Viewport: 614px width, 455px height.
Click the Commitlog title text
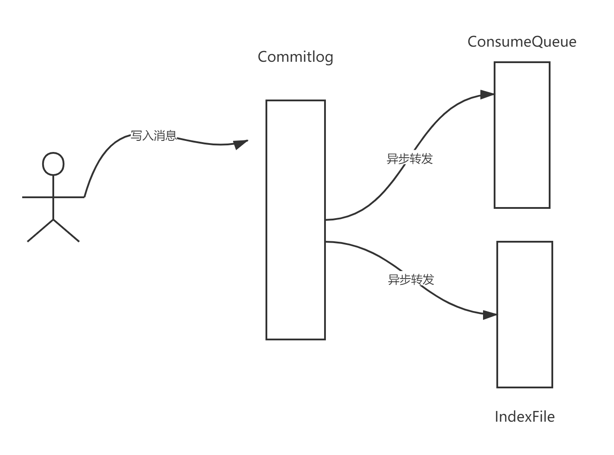coord(295,57)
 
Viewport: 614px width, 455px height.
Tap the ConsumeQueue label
coord(522,42)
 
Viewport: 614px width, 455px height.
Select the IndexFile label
coord(524,417)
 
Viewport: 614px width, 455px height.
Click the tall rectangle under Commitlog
coord(295,220)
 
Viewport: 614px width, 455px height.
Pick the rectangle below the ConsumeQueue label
coord(522,135)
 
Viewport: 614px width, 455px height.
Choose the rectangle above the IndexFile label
coord(525,315)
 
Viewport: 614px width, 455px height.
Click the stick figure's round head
coord(53,164)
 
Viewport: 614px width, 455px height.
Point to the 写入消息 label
coord(153,136)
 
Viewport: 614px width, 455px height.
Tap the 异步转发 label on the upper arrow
coord(409,159)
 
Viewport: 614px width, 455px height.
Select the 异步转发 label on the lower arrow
coord(411,279)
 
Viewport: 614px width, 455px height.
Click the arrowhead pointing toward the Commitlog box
coord(240,144)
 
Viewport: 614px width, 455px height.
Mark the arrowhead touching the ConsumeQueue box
coord(487,95)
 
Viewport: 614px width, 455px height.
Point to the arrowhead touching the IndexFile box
coord(490,315)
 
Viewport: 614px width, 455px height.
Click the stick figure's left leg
coord(40,231)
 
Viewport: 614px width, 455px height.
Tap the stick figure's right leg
coord(67,231)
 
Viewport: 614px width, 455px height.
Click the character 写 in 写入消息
coord(136,136)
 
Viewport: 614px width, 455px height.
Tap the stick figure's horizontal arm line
coord(53,197)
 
